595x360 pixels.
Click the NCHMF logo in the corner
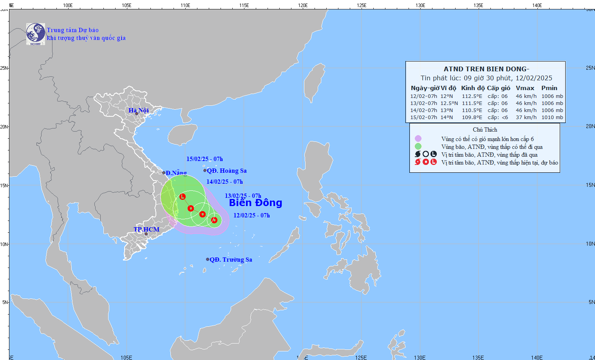click(36, 34)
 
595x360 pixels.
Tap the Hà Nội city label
click(139, 110)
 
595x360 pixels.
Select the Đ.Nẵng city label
click(176, 173)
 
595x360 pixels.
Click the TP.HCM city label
click(146, 230)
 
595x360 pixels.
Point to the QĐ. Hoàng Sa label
click(227, 171)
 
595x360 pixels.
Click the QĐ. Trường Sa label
click(231, 260)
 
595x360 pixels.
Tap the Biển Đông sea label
click(255, 203)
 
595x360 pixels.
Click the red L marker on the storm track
click(183, 197)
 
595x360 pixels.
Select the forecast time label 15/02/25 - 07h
click(204, 159)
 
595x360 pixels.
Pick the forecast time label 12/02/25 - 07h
click(251, 215)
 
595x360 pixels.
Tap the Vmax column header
click(525, 88)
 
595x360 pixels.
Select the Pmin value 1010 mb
click(552, 118)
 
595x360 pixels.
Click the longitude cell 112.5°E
click(472, 96)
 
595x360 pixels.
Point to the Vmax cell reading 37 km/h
click(526, 118)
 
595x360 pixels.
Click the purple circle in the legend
click(418, 139)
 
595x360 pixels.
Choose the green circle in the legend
click(418, 147)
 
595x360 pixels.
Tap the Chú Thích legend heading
click(485, 130)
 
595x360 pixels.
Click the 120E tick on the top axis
click(302, 5)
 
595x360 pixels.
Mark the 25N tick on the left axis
click(4, 68)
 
